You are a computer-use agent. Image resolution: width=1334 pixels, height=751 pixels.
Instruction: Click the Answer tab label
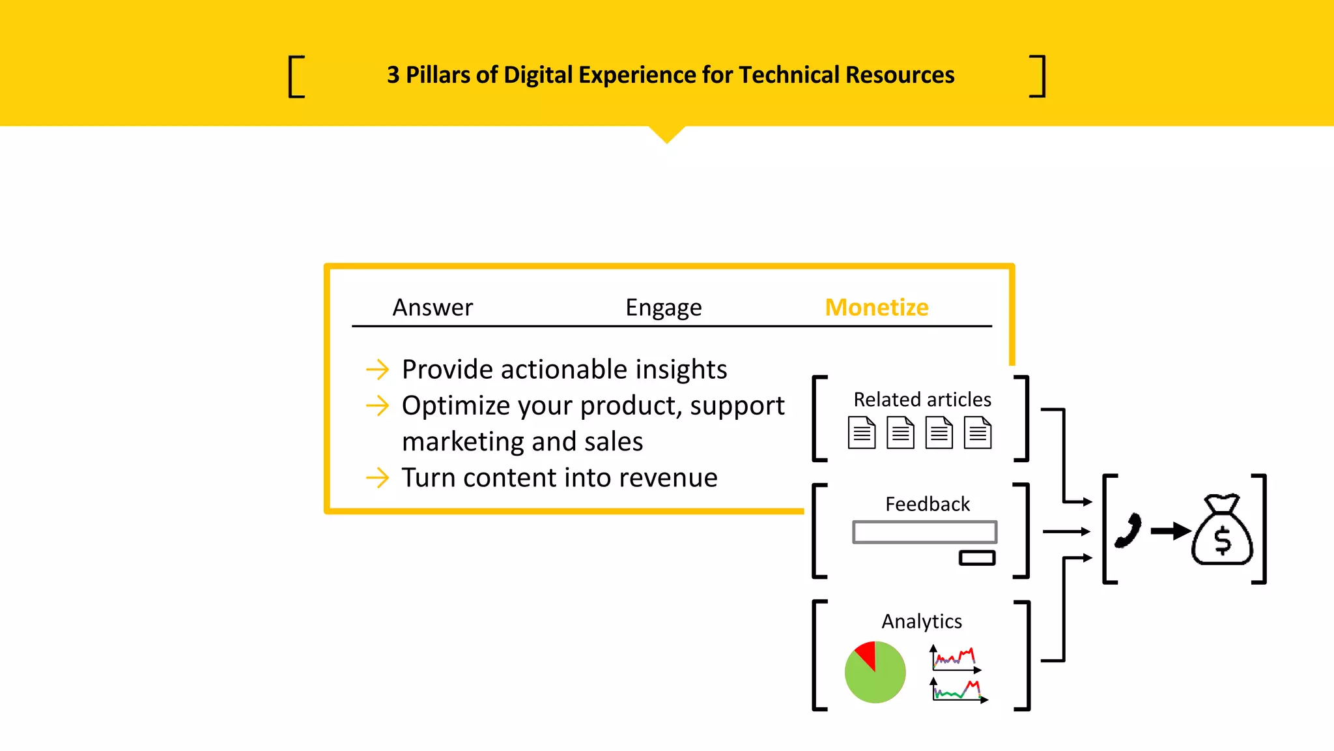(x=433, y=307)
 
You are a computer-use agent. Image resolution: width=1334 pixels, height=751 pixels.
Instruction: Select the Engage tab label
(x=663, y=308)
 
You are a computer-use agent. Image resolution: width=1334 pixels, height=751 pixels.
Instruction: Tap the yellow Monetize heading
(x=876, y=307)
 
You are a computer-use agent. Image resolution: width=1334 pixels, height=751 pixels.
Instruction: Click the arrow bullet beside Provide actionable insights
(x=377, y=370)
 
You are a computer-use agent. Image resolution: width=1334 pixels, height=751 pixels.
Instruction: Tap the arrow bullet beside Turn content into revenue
(x=377, y=478)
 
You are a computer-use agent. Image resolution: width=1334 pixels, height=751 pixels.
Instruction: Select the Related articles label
(x=922, y=399)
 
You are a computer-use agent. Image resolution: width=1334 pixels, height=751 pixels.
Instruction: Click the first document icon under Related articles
(x=861, y=432)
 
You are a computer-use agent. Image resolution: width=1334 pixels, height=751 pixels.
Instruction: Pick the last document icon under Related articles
(x=978, y=432)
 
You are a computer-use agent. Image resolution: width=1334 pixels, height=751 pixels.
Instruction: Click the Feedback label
(x=927, y=504)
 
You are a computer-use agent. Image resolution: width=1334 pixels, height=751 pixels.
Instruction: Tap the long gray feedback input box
(x=924, y=532)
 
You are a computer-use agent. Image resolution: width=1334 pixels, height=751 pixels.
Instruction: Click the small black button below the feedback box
(x=976, y=558)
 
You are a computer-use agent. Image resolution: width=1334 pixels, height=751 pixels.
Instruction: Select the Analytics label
(x=921, y=621)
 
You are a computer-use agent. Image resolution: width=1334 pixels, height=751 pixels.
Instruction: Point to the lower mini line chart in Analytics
(x=958, y=690)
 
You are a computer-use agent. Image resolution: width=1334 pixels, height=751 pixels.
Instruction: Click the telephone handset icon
(x=1129, y=531)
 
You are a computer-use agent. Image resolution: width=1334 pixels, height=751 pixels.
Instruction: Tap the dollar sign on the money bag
(x=1223, y=540)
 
